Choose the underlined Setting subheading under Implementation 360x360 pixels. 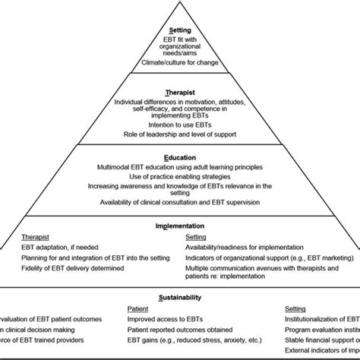pos(197,236)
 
